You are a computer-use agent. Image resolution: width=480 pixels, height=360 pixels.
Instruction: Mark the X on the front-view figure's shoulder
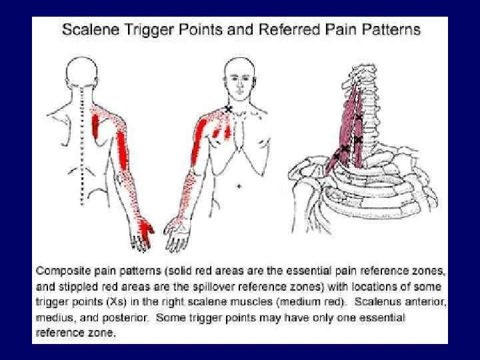tap(229, 109)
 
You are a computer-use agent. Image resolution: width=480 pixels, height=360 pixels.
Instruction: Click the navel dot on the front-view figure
tap(239, 187)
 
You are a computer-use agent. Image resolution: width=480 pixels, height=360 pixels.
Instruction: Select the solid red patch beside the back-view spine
tap(95, 126)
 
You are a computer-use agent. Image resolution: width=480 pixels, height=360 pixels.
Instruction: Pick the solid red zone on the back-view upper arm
tap(125, 150)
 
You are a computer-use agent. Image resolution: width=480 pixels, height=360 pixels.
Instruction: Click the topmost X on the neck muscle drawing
tap(359, 118)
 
